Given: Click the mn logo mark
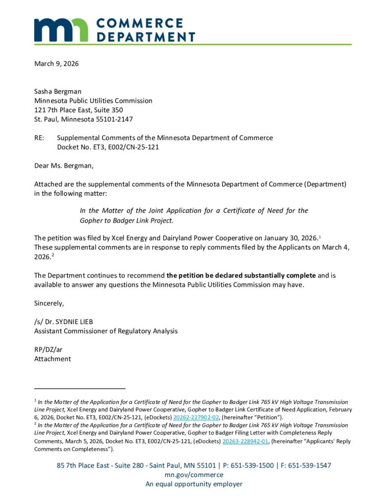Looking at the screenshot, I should tap(61, 30).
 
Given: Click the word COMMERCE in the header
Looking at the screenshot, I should tap(139, 23).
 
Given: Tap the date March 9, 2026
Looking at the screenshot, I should tap(56, 63).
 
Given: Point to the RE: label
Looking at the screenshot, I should tap(40, 138).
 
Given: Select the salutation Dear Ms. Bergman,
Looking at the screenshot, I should tap(64, 165).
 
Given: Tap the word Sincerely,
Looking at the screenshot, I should tap(49, 303).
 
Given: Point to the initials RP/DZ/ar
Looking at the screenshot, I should tap(49, 350).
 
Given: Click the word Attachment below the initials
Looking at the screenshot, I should tap(52, 359).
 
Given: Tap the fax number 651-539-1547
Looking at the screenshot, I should tap(308, 465).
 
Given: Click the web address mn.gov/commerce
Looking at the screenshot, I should tap(194, 475).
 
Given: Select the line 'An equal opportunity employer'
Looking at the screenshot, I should tap(194, 484).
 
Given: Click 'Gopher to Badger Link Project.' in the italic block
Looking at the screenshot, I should tap(127, 220).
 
